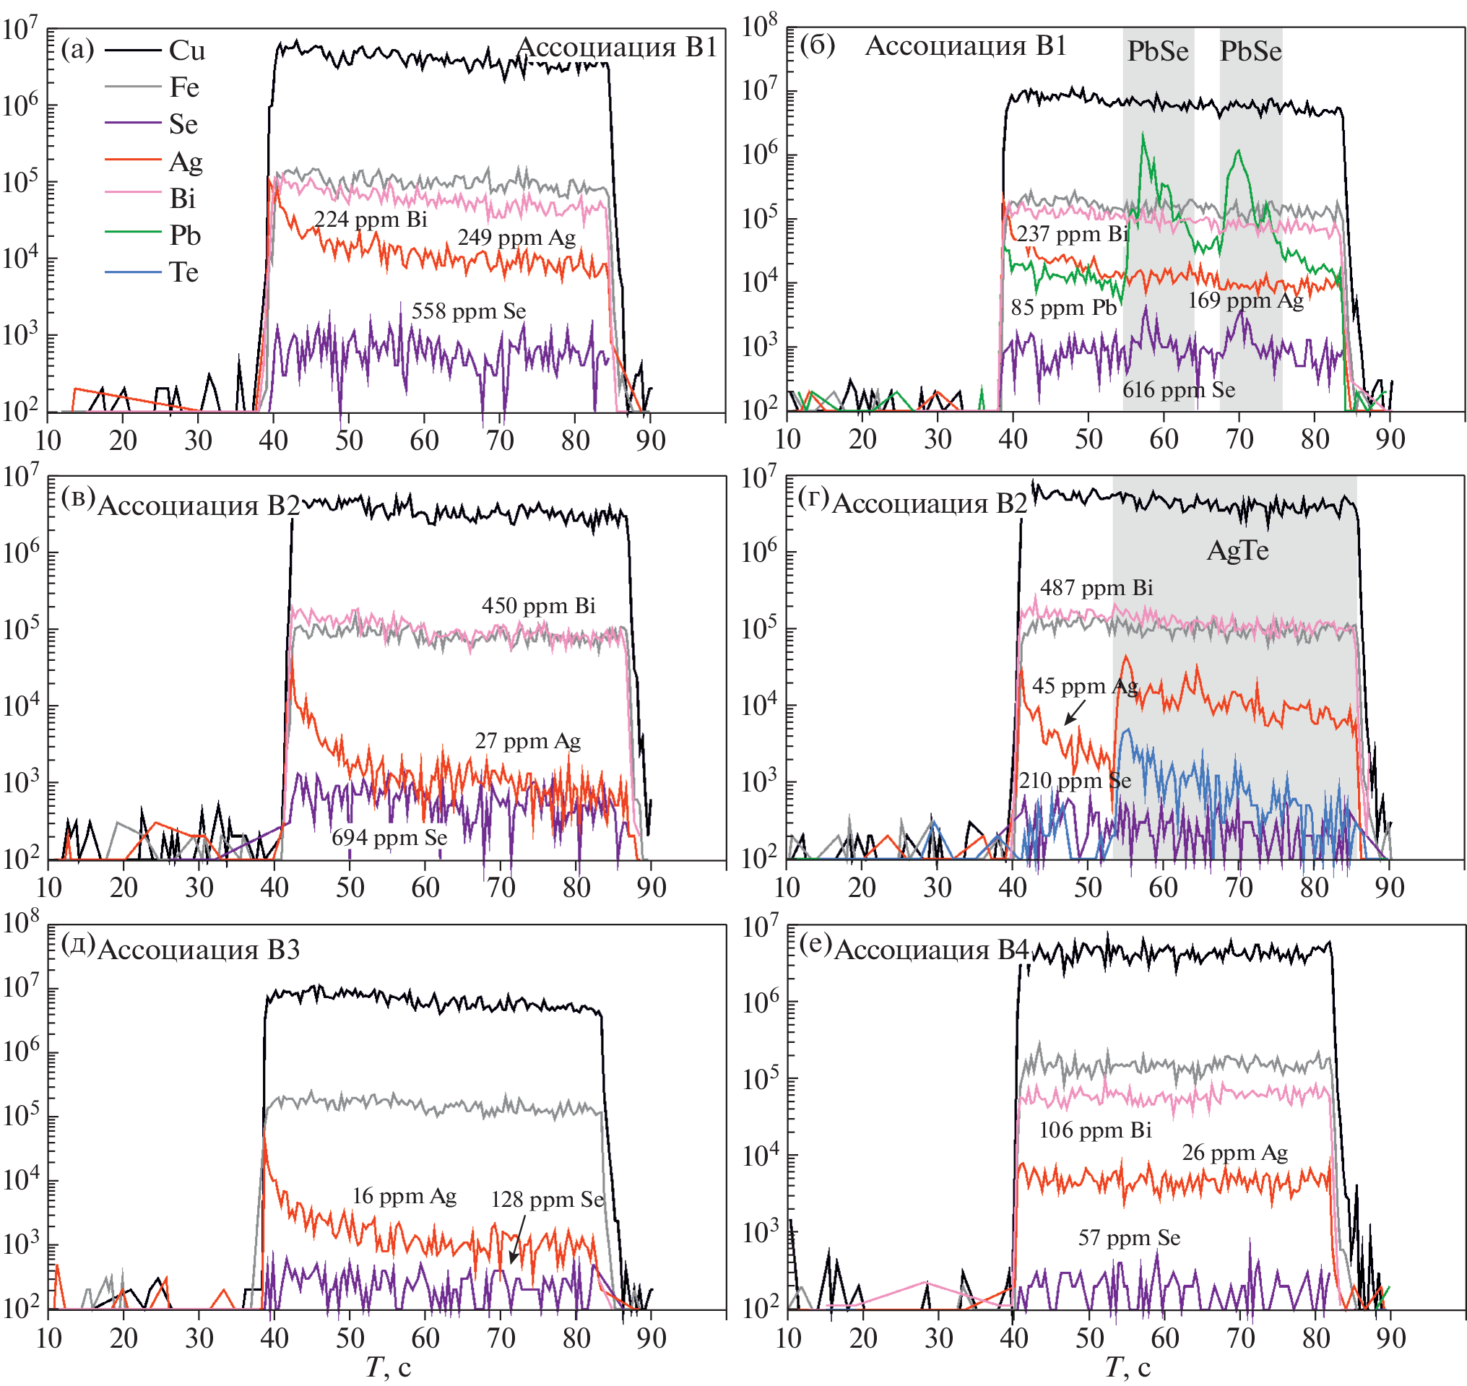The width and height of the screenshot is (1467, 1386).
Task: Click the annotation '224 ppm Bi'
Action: coord(370,220)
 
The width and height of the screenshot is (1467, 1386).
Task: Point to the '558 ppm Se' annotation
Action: coord(468,311)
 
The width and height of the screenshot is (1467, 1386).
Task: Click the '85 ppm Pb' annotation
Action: coord(1063,308)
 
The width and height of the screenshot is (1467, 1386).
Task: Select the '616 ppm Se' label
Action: coord(1178,389)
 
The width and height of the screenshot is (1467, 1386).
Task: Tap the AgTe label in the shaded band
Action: coord(1237,550)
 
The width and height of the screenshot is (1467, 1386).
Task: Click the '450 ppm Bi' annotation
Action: coord(539,606)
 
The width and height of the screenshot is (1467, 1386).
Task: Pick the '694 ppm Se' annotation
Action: coord(389,838)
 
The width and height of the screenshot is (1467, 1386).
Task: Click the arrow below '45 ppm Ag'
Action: coord(1075,712)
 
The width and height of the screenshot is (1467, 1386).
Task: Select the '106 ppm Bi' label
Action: coord(1095,1130)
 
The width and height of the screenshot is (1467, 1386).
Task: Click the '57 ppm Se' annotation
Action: coord(1129,1237)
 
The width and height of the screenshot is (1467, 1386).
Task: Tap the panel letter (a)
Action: coord(77,50)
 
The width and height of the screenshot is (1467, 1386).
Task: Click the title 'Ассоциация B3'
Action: coord(199,949)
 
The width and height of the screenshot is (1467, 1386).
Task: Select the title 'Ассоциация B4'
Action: coord(931,949)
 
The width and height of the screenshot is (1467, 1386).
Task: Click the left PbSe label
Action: coord(1158,51)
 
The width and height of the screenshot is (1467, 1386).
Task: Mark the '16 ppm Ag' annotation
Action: coord(404,1196)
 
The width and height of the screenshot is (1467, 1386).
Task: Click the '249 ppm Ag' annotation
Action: coord(516,237)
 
